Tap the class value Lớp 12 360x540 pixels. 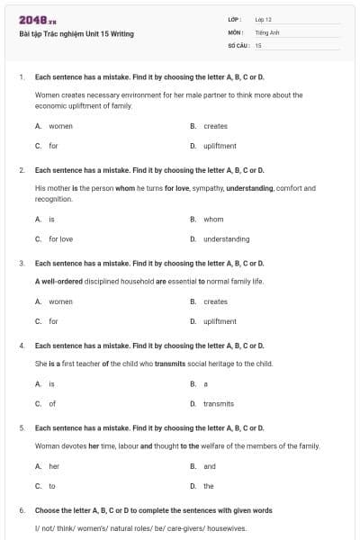(264, 19)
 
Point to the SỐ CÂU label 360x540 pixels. (238, 44)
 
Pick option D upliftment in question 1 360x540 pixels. (220, 145)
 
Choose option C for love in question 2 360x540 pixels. (60, 238)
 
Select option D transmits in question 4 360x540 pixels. (218, 403)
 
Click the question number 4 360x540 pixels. (22, 346)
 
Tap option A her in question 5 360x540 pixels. (53, 466)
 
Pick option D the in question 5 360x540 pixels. (208, 486)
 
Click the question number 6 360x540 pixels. (22, 510)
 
